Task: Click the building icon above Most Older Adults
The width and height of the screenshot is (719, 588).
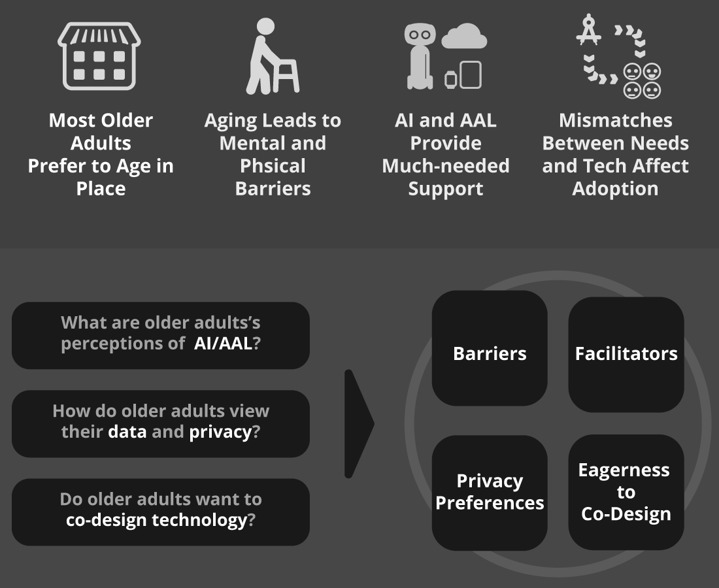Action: pos(99,56)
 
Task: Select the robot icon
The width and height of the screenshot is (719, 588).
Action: pos(420,56)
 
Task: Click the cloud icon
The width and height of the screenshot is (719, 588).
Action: pos(464,36)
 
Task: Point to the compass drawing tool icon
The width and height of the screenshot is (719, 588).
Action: pos(588,29)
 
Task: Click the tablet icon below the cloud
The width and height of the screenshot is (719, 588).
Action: pos(471,74)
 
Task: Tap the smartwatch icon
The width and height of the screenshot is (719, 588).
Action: pos(450,80)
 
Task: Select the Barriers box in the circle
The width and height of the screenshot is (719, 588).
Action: pos(490,348)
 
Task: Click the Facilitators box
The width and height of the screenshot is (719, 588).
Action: pos(626,354)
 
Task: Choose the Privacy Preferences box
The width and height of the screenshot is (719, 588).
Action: pos(490,493)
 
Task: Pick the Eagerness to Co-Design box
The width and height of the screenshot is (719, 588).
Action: pos(626,492)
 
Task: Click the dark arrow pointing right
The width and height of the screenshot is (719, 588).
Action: pos(359,424)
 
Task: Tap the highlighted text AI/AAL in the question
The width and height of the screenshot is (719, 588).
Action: pos(223,343)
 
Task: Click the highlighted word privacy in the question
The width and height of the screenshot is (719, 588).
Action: pos(220,432)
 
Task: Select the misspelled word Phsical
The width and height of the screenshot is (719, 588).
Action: pos(273,166)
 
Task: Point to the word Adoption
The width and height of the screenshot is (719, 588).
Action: pos(615,189)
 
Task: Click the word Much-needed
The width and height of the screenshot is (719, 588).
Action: pos(446,166)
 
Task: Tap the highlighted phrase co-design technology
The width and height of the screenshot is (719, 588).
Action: pos(156,520)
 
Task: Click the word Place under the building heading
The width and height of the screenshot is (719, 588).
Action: pos(101,189)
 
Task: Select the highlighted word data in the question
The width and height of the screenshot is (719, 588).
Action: pos(127,432)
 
